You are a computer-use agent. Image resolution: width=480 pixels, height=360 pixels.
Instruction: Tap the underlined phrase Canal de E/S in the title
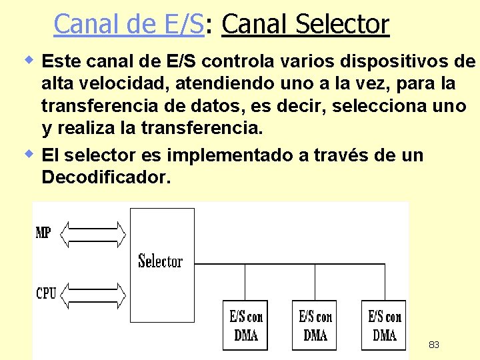coord(128,25)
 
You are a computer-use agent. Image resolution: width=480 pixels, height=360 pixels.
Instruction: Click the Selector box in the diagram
coord(161,259)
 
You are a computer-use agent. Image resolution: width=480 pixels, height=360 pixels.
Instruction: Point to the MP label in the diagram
coord(43,233)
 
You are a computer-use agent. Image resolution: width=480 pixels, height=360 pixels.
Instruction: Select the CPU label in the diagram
coord(46,293)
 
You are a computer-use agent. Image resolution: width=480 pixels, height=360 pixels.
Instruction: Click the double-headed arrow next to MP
coord(93,233)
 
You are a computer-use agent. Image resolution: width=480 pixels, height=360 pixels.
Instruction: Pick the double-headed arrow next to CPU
coord(93,293)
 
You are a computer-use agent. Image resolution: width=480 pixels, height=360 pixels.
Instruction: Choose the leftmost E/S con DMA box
coord(246,325)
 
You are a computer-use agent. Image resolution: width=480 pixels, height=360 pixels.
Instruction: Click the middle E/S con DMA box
coord(315,325)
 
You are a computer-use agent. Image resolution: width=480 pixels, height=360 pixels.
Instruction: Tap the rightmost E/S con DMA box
coord(385,325)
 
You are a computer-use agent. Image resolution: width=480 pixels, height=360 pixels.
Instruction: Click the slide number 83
coord(433,345)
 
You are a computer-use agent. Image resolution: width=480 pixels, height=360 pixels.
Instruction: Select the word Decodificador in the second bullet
coord(106,178)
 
